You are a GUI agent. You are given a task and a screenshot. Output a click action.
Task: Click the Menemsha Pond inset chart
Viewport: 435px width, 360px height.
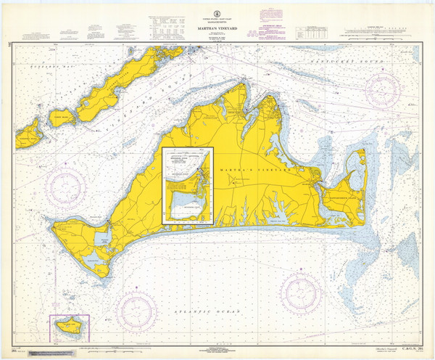[188, 187]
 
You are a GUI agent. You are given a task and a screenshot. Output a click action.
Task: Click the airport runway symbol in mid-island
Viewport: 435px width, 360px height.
[239, 181]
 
